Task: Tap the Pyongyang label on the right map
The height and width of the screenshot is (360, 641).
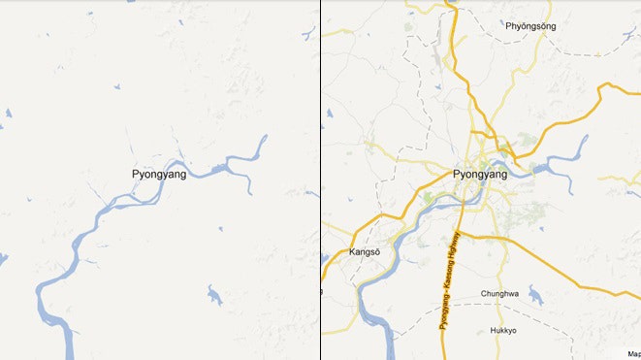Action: [x=480, y=174]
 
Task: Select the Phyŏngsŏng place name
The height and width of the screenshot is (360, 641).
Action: [x=531, y=26]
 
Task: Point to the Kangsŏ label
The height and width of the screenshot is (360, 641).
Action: [x=365, y=254]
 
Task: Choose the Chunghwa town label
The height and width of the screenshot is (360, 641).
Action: [x=501, y=293]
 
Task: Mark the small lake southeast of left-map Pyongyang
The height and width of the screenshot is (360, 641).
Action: [x=213, y=295]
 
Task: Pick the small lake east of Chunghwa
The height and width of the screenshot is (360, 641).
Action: [x=536, y=295]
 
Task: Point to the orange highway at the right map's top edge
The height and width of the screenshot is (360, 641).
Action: [x=450, y=6]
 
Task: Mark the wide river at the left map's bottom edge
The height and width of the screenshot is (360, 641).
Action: [x=68, y=344]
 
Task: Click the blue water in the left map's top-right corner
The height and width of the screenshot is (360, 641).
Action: [x=309, y=35]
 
